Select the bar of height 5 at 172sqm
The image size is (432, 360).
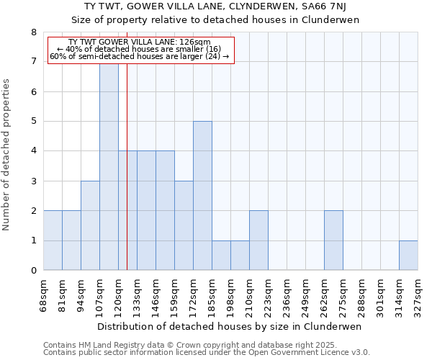pyautogui.click(x=202, y=196)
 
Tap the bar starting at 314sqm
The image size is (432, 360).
pyautogui.click(x=408, y=256)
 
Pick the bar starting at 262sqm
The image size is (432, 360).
pyautogui.click(x=333, y=240)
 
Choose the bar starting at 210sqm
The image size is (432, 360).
pyautogui.click(x=258, y=240)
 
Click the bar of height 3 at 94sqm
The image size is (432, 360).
pyautogui.click(x=90, y=225)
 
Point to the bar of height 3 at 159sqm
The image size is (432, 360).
pyautogui.click(x=184, y=225)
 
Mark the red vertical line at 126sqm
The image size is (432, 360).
pyautogui.click(x=127, y=180)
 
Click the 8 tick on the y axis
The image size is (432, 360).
pyautogui.click(x=33, y=32)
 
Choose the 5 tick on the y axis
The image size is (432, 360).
pyautogui.click(x=33, y=122)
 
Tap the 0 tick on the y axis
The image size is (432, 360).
pyautogui.click(x=33, y=271)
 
